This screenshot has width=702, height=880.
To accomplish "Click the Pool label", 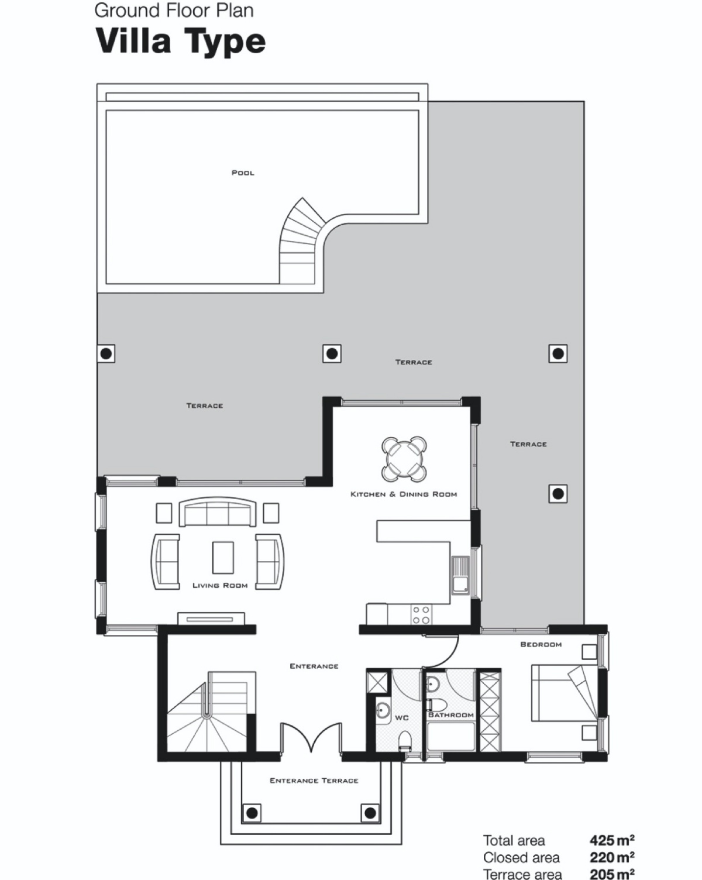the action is coord(243,173).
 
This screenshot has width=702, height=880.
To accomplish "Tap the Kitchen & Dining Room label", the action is coord(404,494).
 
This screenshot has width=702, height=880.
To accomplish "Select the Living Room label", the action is coord(220,586).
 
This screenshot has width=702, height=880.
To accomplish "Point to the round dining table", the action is coord(404,459).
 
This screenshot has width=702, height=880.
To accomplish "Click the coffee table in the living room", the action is coord(223,558).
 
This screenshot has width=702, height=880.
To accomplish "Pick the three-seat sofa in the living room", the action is coord(218,511).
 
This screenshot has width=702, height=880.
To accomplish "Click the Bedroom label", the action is coord(541,644).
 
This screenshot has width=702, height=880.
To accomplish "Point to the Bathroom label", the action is coord(451,715).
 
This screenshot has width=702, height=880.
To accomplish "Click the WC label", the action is coord(402,718).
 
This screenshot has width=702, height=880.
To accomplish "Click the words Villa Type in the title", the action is coord(180,42).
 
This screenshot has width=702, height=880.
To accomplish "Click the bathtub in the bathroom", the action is coord(451,736).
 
